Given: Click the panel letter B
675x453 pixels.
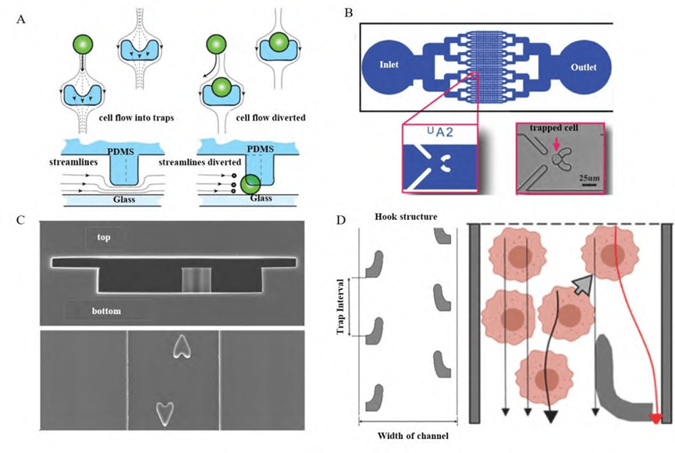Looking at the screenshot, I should [x=349, y=12].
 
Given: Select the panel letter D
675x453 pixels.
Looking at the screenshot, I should [x=341, y=219].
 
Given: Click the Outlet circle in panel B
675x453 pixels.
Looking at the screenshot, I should [x=582, y=67].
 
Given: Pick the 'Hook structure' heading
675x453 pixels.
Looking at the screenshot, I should [x=403, y=216].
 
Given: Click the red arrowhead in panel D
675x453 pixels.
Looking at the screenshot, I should [x=656, y=419].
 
